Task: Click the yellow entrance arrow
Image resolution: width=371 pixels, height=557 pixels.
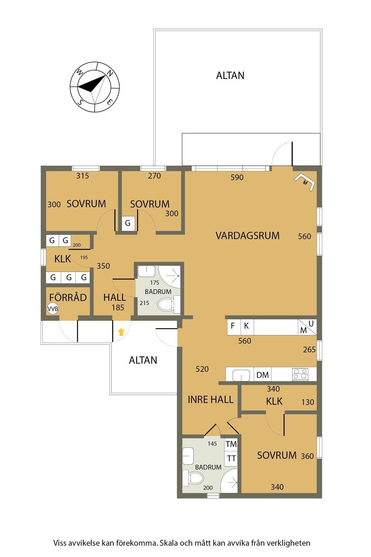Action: coord(121,332)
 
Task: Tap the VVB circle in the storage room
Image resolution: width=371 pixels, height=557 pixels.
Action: coord(53,309)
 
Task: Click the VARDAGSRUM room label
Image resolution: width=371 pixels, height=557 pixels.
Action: coord(247,236)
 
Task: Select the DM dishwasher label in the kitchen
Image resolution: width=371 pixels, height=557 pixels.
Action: coord(263,375)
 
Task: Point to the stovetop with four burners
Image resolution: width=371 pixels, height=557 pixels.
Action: coord(300,375)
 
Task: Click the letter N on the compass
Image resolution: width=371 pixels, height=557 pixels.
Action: coord(110,73)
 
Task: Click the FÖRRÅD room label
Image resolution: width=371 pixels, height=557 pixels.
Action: coord(68,297)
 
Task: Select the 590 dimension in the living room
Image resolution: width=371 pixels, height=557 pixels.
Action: coord(237,177)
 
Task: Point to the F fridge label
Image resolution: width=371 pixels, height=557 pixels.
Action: coord(233,326)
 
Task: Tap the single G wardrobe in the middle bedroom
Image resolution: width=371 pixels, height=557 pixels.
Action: coord(128,223)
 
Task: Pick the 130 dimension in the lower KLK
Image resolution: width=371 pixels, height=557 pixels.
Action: coord(308,402)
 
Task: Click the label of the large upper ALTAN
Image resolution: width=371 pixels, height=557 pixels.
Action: coord(230,75)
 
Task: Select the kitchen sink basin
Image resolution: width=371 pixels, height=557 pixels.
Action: coord(241,375)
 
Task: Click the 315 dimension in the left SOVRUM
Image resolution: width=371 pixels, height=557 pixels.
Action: coord(83,176)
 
